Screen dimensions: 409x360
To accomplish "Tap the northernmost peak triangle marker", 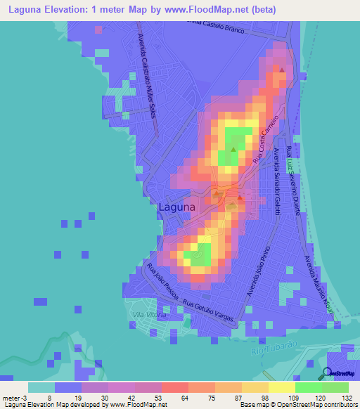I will click(282, 70).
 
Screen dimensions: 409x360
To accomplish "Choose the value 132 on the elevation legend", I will click(347, 398).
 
